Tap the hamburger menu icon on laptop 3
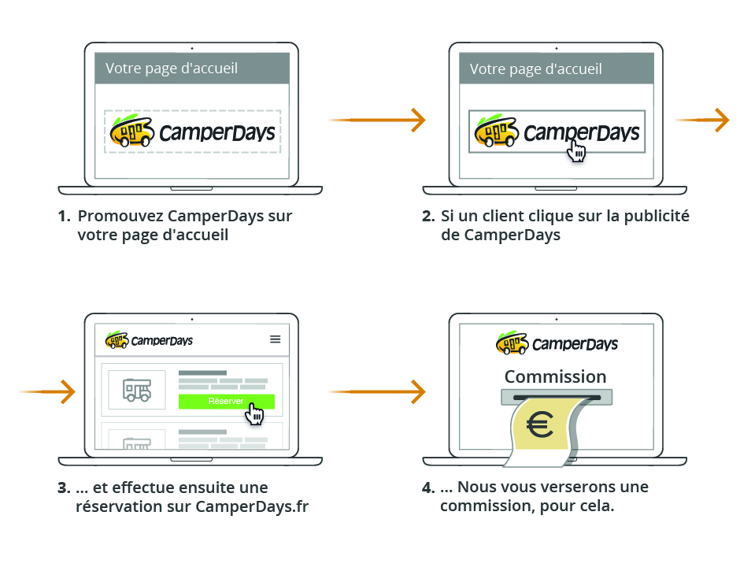click(275, 339)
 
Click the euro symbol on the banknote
click(540, 425)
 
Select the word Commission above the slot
click(556, 376)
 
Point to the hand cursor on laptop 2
click(577, 150)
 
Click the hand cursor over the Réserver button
click(253, 413)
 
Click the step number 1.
click(64, 216)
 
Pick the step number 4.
click(428, 488)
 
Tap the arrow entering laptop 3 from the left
click(47, 391)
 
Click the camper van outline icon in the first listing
click(136, 389)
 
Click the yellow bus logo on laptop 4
click(512, 343)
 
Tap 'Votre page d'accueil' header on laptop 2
click(536, 69)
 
